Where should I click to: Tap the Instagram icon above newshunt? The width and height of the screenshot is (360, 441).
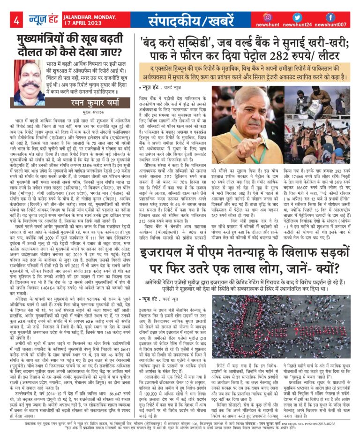pyautogui.click(x=268, y=17)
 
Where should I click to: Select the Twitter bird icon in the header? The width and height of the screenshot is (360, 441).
pyautogui.click(x=299, y=17)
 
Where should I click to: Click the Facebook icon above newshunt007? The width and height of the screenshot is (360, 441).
pyautogui.click(x=330, y=17)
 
